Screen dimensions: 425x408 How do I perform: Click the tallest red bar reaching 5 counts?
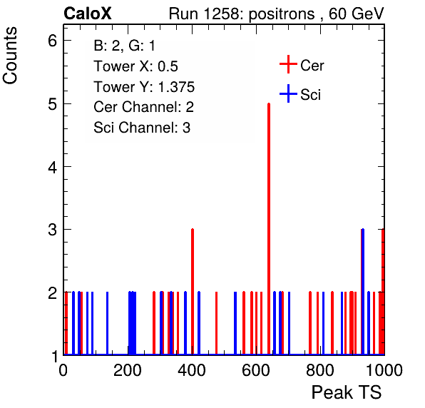point(269,228)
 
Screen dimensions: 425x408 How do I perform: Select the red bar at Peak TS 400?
point(193,292)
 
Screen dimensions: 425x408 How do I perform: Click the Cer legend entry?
point(302,65)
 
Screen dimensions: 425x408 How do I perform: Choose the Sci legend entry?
point(300,94)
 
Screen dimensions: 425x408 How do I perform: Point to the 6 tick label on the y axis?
point(52,41)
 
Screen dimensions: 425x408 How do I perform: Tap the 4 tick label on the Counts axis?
point(52,167)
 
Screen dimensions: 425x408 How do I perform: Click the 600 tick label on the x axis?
point(255,370)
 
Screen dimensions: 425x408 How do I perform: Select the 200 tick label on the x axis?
point(127,370)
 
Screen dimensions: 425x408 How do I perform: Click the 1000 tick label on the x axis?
point(384,370)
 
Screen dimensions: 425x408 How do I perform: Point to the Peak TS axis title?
point(347,392)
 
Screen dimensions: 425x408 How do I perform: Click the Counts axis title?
point(10,56)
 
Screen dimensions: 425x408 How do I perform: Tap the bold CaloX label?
point(88,14)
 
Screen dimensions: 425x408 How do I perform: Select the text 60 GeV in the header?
point(356,14)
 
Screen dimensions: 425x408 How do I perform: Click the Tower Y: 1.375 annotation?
point(144,87)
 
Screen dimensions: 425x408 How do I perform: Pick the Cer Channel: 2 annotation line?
point(143,107)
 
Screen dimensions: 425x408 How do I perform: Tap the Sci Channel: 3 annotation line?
point(142,128)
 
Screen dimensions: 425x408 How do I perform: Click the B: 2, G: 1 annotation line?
point(124,45)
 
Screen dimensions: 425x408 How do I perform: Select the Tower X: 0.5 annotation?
point(135,66)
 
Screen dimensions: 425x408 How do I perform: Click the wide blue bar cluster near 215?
point(132,323)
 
